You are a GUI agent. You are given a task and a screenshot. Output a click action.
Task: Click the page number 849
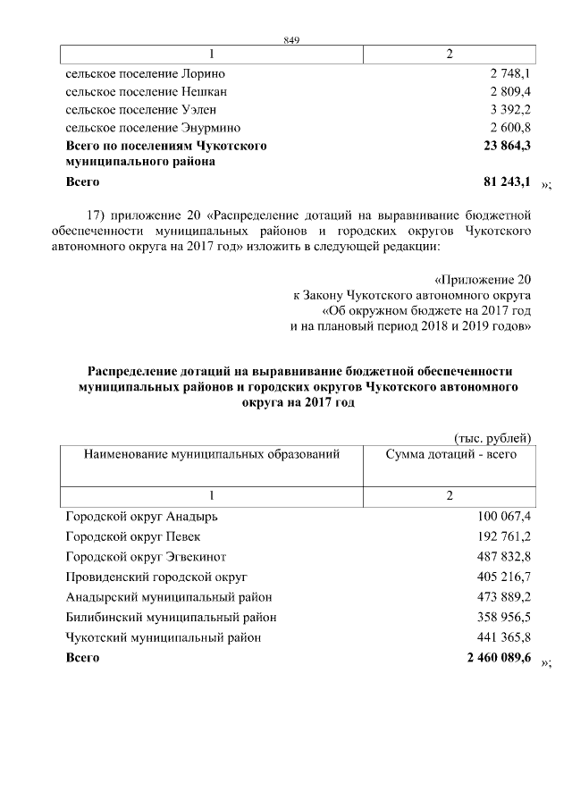pyautogui.click(x=290, y=40)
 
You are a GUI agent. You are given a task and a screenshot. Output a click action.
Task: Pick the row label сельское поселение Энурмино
pyautogui.click(x=153, y=129)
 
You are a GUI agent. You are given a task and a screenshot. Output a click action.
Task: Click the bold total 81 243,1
pyautogui.click(x=507, y=181)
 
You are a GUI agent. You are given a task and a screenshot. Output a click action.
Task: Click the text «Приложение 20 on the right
pyautogui.click(x=484, y=279)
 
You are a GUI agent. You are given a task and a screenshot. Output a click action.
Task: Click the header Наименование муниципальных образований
pyautogui.click(x=212, y=455)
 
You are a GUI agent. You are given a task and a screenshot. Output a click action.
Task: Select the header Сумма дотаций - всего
pyautogui.click(x=450, y=455)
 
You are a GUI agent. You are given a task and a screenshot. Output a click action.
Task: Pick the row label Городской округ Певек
pyautogui.click(x=133, y=536)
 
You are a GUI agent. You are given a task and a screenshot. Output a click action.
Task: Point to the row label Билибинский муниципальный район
pyautogui.click(x=172, y=617)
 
